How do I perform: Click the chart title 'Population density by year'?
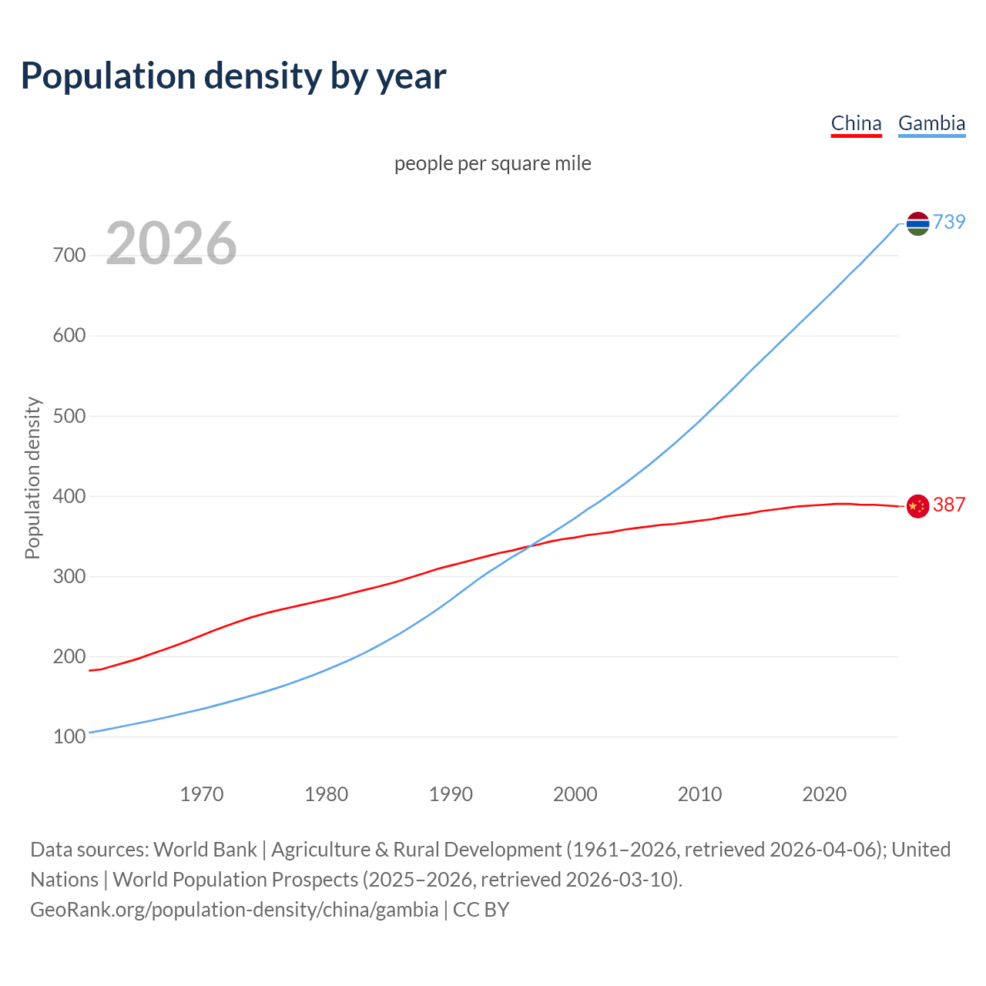click(x=233, y=76)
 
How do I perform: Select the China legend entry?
click(x=856, y=123)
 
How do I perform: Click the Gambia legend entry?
click(x=931, y=123)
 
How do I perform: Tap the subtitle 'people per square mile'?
click(x=492, y=163)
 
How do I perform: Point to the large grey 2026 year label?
click(x=171, y=243)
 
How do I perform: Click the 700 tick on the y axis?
click(x=69, y=255)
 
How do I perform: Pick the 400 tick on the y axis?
click(x=69, y=496)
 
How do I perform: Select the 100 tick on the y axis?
click(x=69, y=737)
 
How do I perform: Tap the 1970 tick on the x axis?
click(x=202, y=794)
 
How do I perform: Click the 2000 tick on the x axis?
click(x=575, y=794)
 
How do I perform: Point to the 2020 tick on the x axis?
click(x=824, y=794)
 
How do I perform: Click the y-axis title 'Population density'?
click(x=32, y=478)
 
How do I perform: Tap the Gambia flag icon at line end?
click(x=917, y=223)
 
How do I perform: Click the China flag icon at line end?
click(x=917, y=506)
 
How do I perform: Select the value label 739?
click(x=949, y=222)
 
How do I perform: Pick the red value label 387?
click(x=949, y=505)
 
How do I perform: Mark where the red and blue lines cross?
click(x=530, y=546)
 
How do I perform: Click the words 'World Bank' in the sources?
click(x=205, y=850)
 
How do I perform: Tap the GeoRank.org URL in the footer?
click(x=234, y=910)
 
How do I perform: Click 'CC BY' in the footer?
click(x=481, y=910)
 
